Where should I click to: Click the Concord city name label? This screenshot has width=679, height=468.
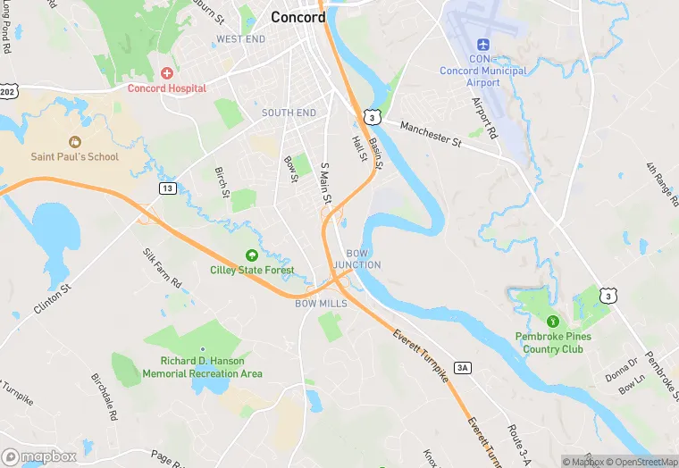tap(298, 17)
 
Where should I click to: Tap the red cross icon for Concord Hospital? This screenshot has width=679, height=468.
tap(166, 72)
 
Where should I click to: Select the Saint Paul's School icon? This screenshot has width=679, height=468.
tap(74, 141)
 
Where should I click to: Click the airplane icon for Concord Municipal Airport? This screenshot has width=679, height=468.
tap(483, 45)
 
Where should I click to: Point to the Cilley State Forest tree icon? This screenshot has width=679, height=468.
tap(252, 255)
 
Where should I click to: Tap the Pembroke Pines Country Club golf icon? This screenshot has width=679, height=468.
tap(551, 320)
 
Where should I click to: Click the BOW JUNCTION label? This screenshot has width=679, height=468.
tap(357, 259)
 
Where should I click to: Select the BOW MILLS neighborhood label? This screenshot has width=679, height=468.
tap(321, 304)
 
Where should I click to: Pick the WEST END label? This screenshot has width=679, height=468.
tap(240, 39)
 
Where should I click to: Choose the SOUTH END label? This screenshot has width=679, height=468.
tap(289, 113)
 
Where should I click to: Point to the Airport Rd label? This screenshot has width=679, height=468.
tap(484, 117)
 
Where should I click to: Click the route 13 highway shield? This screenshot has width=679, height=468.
tap(167, 188)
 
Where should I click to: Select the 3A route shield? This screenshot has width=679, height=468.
tap(462, 367)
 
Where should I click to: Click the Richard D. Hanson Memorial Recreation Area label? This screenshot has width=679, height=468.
tap(203, 367)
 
